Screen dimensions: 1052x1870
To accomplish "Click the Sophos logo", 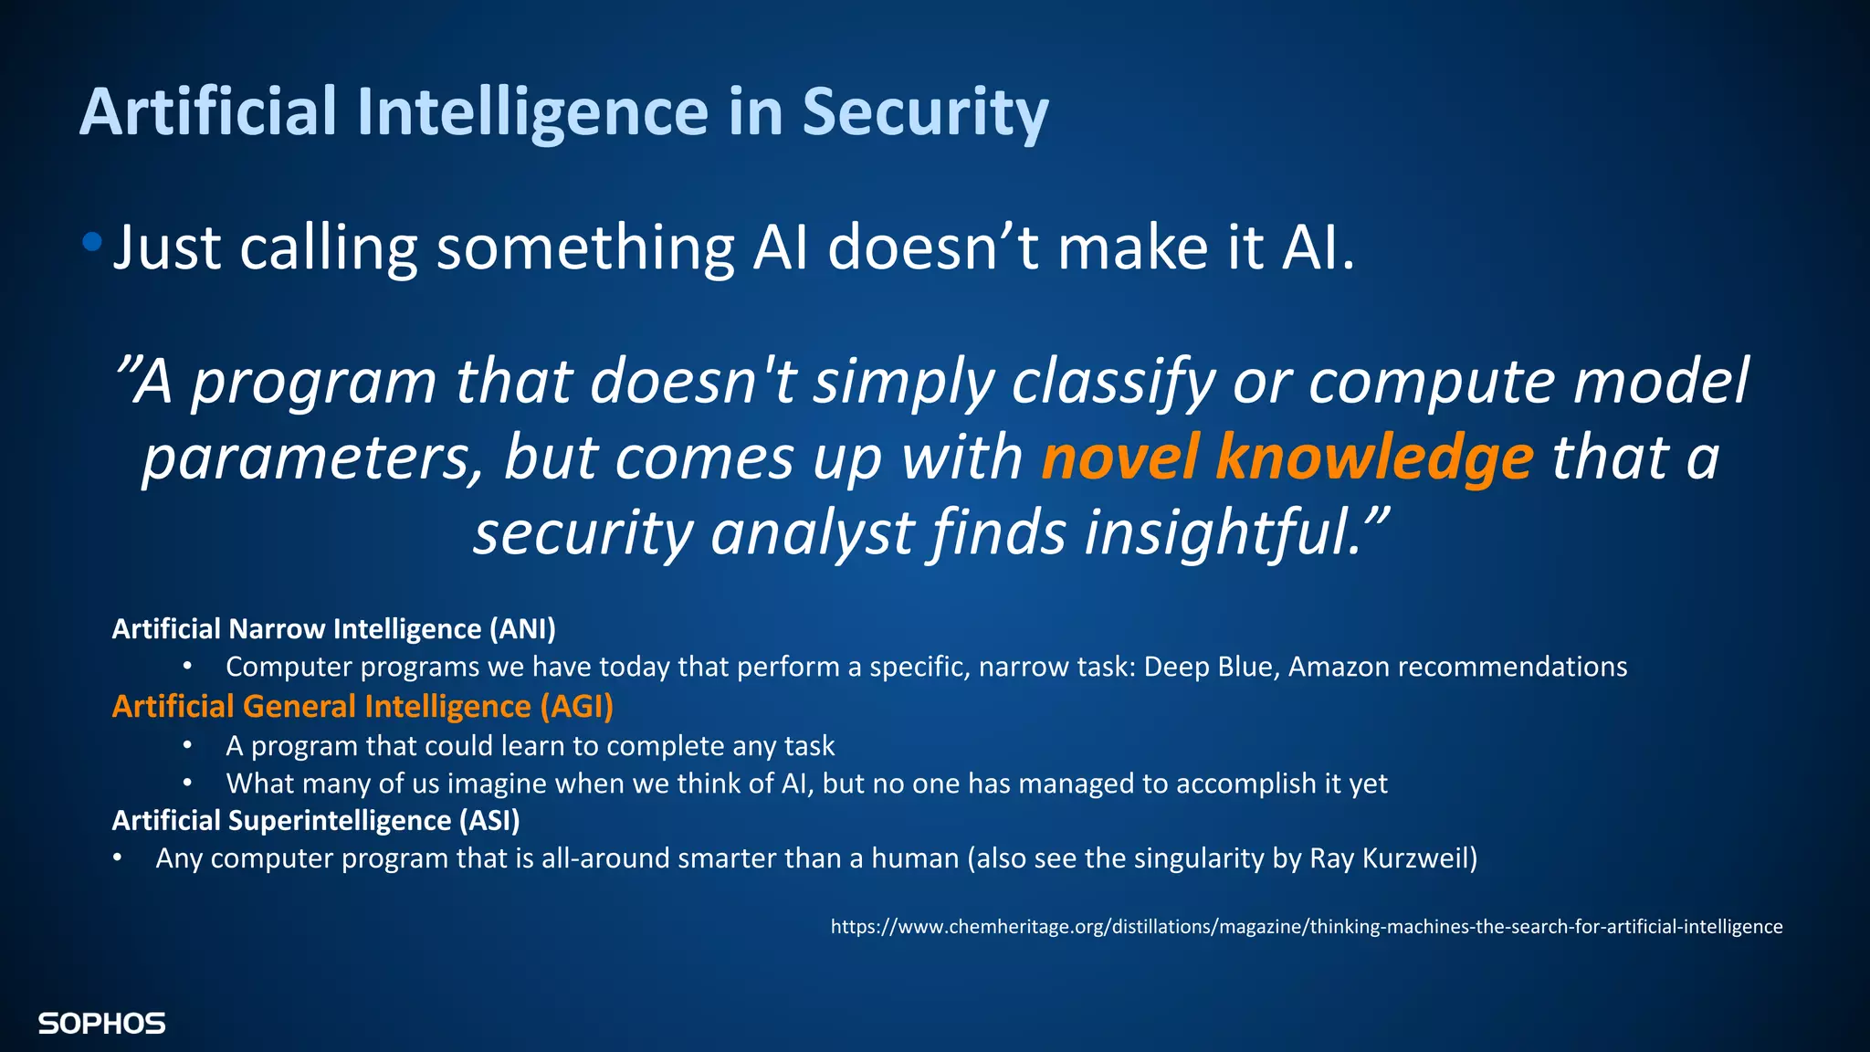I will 101,1024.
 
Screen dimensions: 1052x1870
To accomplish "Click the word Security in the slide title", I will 925,112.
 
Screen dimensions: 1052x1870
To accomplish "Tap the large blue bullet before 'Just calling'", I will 91,242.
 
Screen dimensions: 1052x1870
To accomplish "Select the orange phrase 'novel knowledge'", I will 1287,457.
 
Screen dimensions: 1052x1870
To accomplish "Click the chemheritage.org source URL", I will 1306,927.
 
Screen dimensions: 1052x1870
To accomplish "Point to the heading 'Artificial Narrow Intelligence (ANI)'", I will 333,629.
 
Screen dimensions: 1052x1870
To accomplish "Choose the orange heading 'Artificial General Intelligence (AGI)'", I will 362,707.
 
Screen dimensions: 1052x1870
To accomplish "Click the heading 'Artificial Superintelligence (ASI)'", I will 315,821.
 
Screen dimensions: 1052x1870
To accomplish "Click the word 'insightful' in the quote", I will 1224,533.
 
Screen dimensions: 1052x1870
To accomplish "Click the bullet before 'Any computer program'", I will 117,858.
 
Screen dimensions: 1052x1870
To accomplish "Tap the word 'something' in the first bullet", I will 585,248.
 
